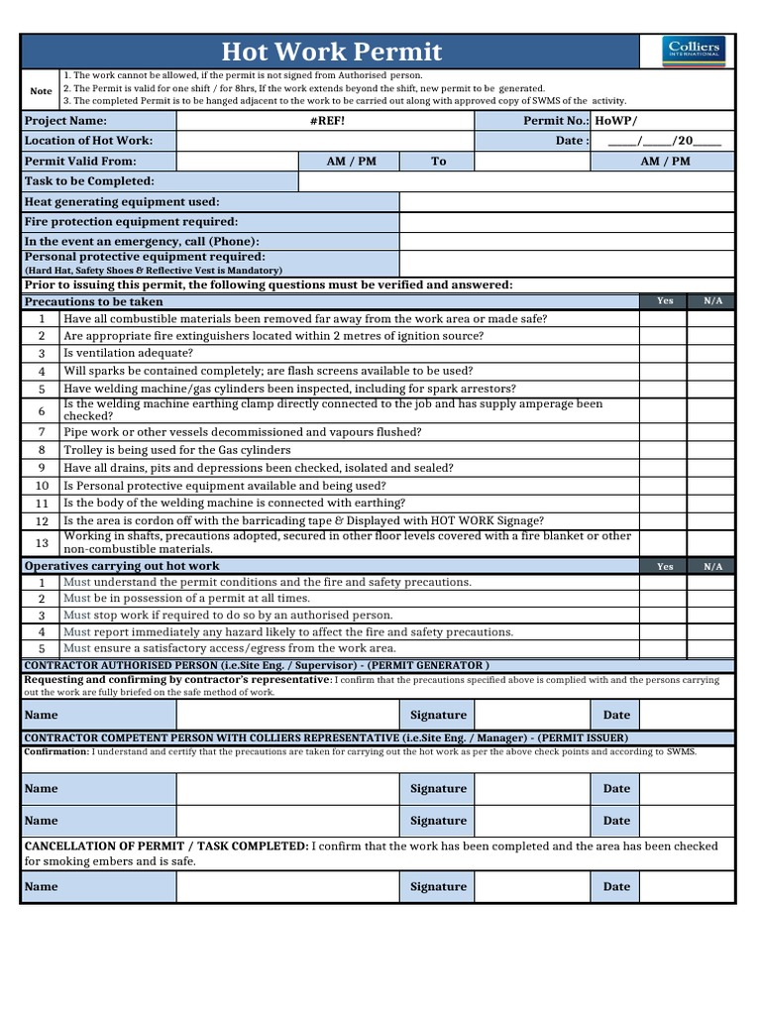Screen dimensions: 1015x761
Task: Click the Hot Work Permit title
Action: [x=331, y=52]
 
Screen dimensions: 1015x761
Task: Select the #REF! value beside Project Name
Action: [x=327, y=120]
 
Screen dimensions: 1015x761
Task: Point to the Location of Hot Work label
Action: [x=88, y=141]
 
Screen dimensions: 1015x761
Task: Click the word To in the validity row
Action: [x=439, y=161]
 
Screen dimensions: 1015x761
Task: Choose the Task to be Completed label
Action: [x=89, y=181]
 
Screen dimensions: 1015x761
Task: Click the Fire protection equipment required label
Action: [x=131, y=222]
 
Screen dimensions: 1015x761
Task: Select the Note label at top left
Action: [x=41, y=91]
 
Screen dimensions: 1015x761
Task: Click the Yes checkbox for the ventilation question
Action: [x=665, y=353]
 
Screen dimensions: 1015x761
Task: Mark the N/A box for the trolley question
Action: [x=712, y=450]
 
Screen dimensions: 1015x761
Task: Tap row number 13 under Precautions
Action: [x=42, y=542]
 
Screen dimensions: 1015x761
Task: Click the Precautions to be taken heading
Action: [x=94, y=301]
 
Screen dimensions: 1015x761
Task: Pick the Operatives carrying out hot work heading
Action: [x=122, y=566]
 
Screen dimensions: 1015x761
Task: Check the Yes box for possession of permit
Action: [x=665, y=599]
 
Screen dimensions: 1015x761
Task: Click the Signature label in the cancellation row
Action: [x=438, y=887]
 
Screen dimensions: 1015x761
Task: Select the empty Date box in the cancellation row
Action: [x=686, y=887]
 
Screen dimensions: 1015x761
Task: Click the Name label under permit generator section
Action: [x=41, y=715]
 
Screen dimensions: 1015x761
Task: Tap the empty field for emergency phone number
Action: [x=567, y=242]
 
